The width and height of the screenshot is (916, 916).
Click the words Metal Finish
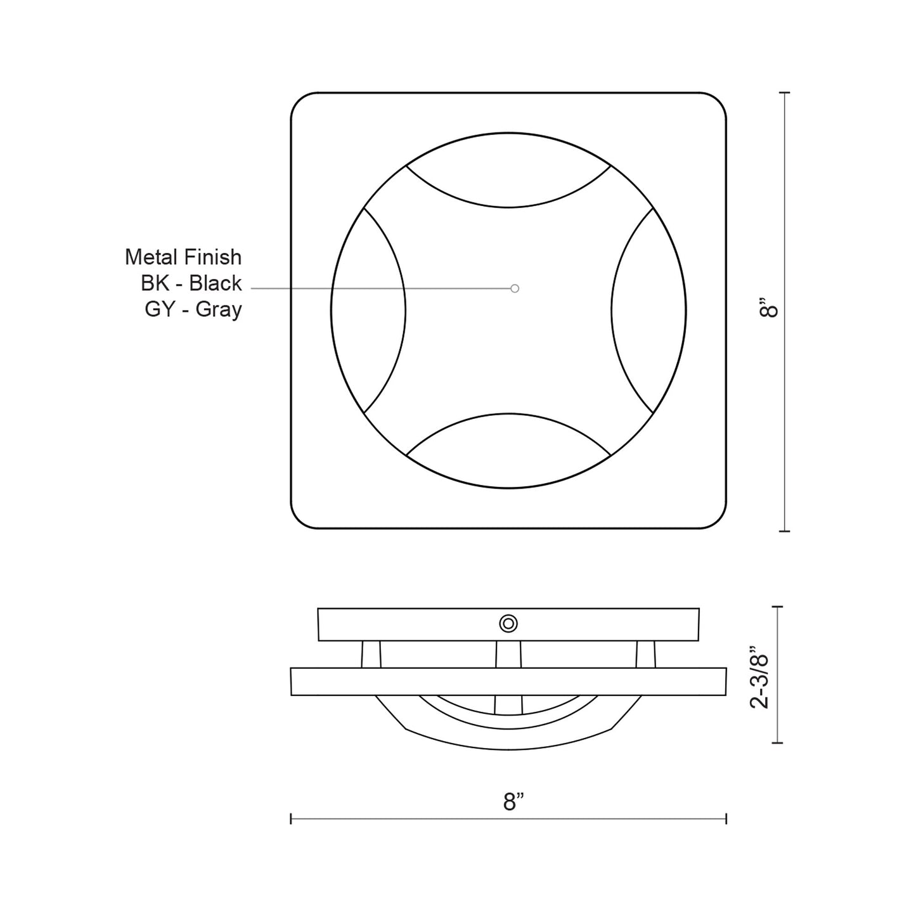pos(183,257)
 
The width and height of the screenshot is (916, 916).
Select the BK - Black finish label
pos(191,283)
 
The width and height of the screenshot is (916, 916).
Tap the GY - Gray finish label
pos(193,310)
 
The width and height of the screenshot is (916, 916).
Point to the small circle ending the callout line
pos(515,288)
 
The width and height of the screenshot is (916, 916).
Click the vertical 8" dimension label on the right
pos(770,310)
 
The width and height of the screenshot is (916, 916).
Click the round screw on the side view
pos(508,624)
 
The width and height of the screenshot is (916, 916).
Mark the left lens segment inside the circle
pos(368,311)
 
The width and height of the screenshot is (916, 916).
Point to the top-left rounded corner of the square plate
pos(300,101)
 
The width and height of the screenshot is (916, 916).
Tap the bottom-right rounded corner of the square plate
pos(718,520)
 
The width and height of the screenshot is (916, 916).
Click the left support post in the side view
pos(371,654)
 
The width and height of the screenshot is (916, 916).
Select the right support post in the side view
pos(645,654)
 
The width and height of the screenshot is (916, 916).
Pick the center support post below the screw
pos(508,654)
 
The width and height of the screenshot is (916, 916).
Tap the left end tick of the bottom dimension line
pos(291,819)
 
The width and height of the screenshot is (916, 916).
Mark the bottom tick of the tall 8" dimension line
pos(786,531)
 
